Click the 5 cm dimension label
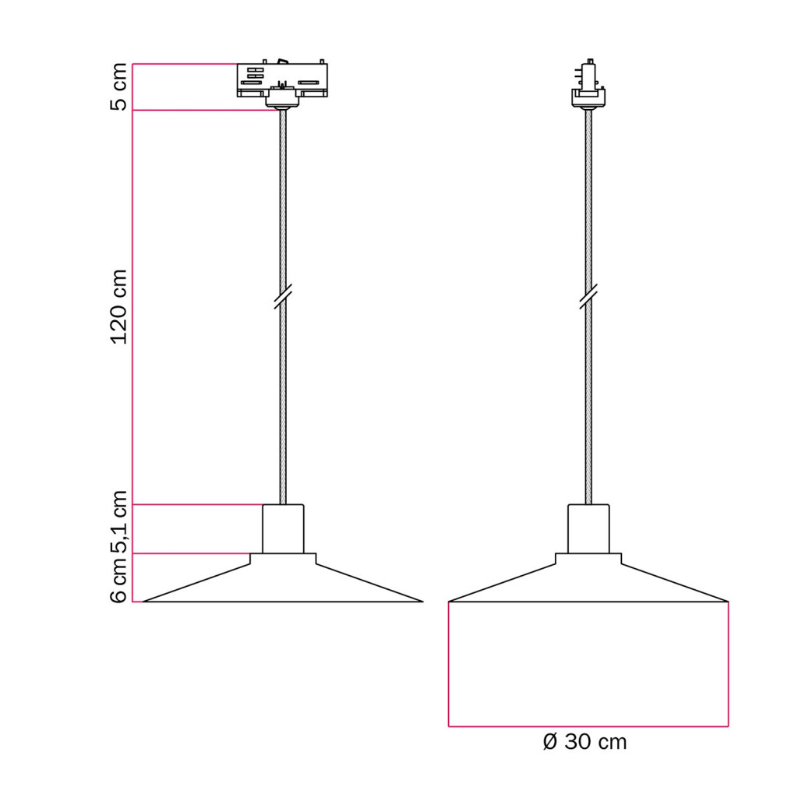[x=118, y=87]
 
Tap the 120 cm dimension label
[x=118, y=307]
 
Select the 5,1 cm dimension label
[x=118, y=522]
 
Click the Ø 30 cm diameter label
[x=584, y=742]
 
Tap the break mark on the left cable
[x=282, y=297]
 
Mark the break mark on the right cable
[x=588, y=297]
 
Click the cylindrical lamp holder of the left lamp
[x=283, y=529]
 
